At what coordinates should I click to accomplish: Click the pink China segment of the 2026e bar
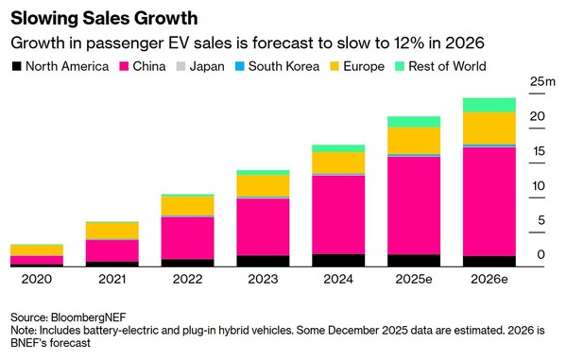[490, 201]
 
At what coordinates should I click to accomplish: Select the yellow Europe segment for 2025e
[414, 141]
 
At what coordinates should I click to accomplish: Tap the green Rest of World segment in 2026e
[490, 105]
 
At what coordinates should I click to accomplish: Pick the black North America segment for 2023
[264, 261]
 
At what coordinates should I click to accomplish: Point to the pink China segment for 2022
[188, 238]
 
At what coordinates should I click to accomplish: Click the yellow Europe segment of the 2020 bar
[37, 250]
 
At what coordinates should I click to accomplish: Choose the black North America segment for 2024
[338, 260]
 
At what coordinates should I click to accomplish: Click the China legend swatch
[124, 66]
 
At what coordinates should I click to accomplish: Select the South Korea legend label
[283, 66]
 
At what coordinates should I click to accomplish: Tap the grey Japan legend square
[180, 66]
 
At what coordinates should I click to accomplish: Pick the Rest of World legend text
[447, 66]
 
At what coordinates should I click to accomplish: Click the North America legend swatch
[17, 66]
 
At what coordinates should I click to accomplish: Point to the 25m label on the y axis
[542, 81]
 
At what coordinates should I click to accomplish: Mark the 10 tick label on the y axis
[539, 186]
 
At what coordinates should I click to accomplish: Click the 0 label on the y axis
[541, 254]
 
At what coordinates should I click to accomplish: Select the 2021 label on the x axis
[112, 279]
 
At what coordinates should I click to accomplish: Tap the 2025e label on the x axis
[414, 279]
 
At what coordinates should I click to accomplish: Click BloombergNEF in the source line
[89, 317]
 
